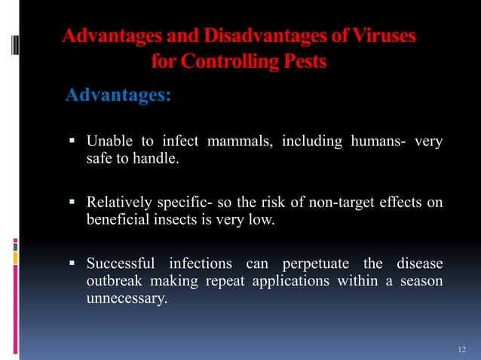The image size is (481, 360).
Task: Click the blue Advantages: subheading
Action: coord(118,96)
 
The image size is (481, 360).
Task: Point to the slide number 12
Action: coord(462,349)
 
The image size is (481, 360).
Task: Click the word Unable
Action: coord(107,142)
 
